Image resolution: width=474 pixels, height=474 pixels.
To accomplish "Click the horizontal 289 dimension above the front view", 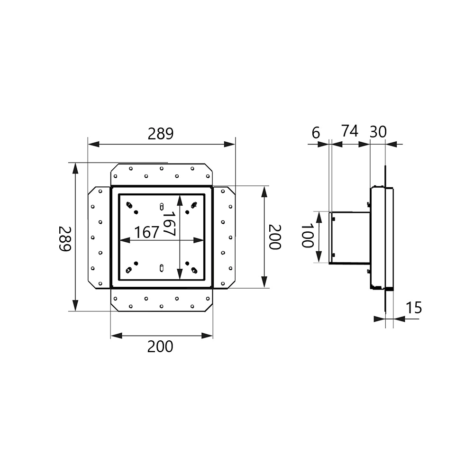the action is (x=161, y=134).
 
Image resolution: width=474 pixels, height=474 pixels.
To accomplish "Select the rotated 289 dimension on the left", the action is (x=64, y=238).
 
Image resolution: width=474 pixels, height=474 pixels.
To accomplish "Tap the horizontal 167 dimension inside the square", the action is (x=146, y=232).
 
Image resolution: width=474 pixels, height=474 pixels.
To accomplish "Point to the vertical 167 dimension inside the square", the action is (x=169, y=224).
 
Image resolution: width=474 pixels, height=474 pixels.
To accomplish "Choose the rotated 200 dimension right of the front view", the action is (x=275, y=237).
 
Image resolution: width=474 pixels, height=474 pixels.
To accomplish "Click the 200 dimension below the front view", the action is (x=160, y=347).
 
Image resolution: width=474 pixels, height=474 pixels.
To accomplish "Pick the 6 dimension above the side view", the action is (x=316, y=133).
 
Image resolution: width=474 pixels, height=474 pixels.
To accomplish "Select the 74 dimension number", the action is (x=350, y=131).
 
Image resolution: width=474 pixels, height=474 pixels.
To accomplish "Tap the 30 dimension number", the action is (x=378, y=132).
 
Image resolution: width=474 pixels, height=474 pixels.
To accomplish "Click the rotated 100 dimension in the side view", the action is (x=308, y=236).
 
